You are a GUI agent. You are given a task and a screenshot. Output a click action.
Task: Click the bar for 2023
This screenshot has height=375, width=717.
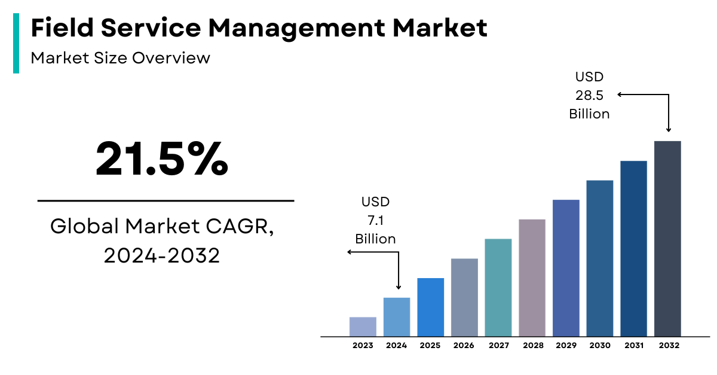click(363, 327)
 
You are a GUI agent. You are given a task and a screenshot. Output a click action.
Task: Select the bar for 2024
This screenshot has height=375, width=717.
click(396, 317)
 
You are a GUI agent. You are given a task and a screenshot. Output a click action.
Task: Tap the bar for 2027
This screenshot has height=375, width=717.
click(498, 288)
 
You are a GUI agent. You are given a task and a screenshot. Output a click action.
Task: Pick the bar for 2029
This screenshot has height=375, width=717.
click(566, 268)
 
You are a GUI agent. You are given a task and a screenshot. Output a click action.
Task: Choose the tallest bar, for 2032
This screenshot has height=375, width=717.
click(667, 239)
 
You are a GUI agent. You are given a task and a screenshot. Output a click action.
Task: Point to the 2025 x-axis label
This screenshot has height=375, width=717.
click(430, 346)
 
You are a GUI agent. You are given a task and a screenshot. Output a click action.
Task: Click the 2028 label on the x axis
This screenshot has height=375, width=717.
click(532, 346)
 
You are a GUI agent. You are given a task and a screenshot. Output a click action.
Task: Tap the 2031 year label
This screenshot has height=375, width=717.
click(633, 346)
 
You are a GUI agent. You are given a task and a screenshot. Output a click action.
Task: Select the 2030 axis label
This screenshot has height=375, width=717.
click(600, 346)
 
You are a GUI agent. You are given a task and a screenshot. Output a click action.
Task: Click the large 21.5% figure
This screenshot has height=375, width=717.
click(162, 158)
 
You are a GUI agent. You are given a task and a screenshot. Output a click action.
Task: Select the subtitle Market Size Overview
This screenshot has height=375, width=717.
click(120, 58)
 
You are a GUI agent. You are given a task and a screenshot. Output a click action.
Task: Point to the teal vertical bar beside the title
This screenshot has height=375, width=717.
click(16, 42)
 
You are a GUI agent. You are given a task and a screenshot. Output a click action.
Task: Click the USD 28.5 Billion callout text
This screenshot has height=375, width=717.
click(589, 95)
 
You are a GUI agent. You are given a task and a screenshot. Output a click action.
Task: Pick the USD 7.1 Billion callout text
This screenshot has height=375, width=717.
click(375, 221)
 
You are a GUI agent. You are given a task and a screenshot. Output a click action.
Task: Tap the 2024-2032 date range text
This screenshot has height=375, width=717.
click(162, 255)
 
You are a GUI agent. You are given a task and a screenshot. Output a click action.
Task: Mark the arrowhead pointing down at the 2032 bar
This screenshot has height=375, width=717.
click(668, 129)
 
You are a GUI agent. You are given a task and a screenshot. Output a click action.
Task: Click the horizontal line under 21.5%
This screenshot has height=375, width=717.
click(166, 201)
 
